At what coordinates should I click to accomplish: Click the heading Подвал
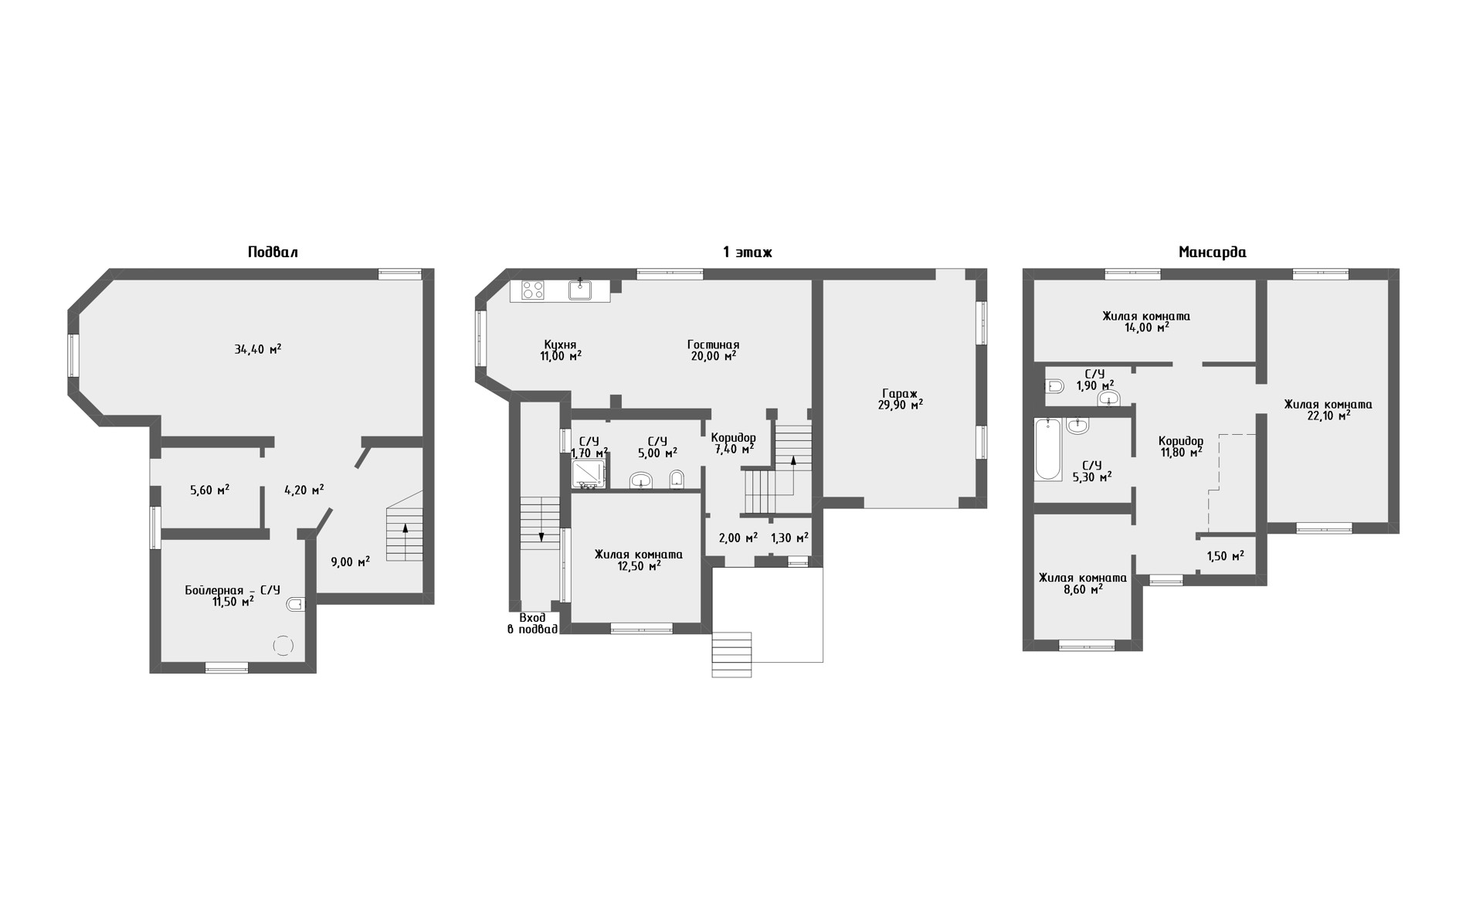(x=273, y=252)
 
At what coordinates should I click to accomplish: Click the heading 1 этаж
(x=747, y=252)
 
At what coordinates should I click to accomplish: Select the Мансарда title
(x=1212, y=252)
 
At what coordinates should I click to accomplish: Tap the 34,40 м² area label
(x=257, y=349)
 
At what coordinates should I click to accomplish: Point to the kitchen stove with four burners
(x=533, y=290)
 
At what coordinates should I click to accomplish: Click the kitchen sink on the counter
(x=580, y=289)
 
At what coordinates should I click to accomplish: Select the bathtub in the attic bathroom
(x=1047, y=449)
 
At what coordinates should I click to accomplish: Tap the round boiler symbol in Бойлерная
(x=283, y=645)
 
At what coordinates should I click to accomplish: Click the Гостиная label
(x=713, y=344)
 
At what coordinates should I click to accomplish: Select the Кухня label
(x=560, y=344)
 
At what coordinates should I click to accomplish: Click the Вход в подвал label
(x=532, y=623)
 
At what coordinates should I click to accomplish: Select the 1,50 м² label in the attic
(x=1225, y=556)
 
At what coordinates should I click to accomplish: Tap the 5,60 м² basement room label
(x=209, y=489)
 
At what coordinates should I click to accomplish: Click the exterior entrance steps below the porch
(x=731, y=654)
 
